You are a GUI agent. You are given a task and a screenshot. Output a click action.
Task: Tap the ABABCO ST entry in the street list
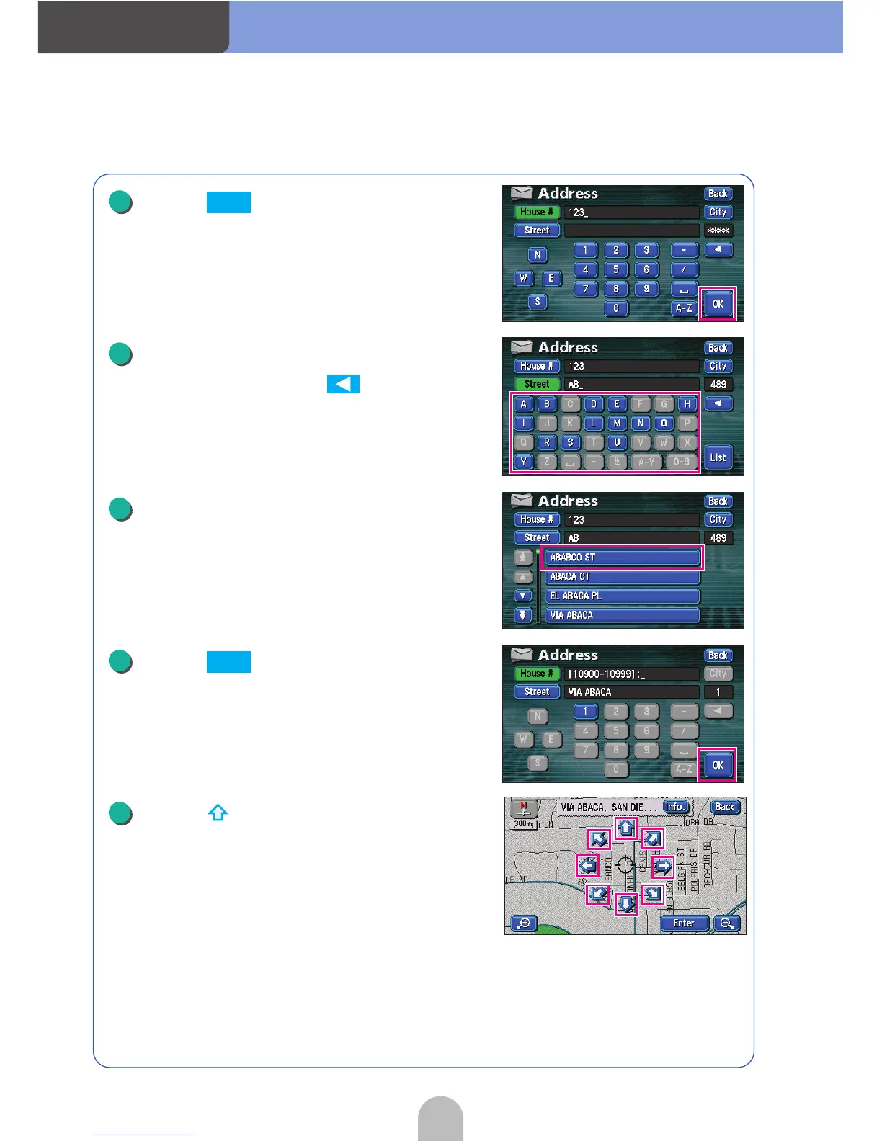(x=623, y=558)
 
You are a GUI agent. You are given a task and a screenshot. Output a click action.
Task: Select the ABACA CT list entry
(x=623, y=577)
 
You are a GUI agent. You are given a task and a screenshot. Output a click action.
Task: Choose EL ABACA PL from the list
(x=623, y=596)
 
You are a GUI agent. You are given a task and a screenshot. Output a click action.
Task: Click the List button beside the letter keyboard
(x=718, y=458)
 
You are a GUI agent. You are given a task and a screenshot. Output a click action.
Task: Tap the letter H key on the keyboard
(x=687, y=404)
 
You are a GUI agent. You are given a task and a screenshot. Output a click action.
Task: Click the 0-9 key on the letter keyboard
(x=681, y=462)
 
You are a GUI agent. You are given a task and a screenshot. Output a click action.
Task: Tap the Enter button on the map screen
(x=684, y=923)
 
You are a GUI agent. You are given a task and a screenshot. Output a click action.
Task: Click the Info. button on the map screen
(x=676, y=807)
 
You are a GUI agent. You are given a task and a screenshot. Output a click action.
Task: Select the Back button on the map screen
(x=725, y=807)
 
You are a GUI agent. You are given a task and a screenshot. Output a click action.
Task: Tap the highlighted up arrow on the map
(x=625, y=828)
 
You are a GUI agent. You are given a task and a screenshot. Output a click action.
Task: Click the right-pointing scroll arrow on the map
(x=662, y=866)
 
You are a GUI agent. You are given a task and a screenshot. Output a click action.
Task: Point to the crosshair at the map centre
(x=625, y=865)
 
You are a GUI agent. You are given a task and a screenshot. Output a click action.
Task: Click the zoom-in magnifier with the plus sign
(x=524, y=923)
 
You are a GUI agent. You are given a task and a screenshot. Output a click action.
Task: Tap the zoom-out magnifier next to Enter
(x=727, y=923)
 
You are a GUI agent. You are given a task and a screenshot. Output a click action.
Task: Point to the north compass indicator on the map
(x=524, y=808)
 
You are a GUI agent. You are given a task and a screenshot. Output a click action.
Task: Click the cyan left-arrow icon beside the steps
(x=343, y=384)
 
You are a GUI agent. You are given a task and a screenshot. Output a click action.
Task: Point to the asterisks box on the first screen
(x=718, y=231)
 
